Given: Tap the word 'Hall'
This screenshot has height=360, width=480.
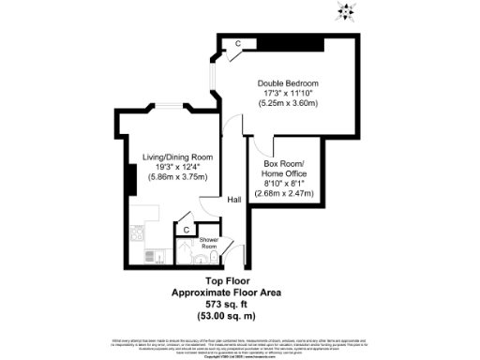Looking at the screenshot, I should pos(234,200).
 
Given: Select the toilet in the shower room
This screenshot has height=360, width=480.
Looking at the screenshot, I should pos(214,257).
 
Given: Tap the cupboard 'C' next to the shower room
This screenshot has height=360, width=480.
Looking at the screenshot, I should pos(187,229).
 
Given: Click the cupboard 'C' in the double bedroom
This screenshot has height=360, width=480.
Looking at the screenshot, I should pos(239,44).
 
